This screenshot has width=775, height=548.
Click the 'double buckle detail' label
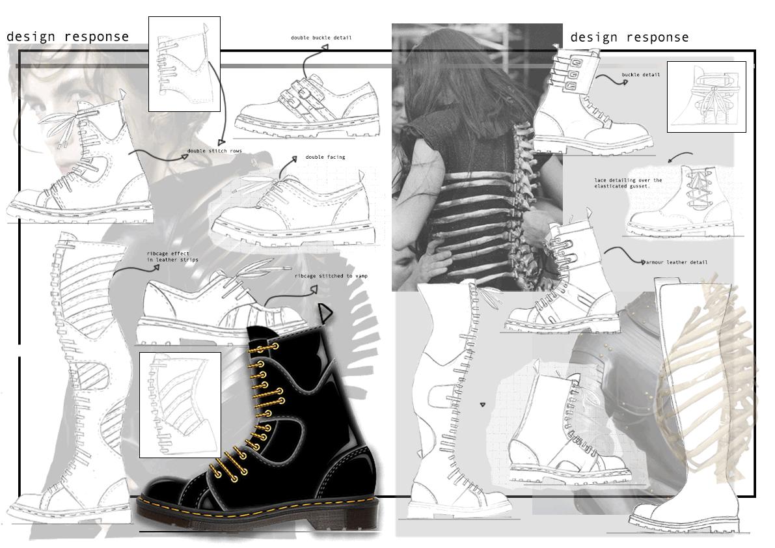click(321, 38)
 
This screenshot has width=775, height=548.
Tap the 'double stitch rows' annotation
click(215, 151)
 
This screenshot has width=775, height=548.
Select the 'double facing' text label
click(325, 157)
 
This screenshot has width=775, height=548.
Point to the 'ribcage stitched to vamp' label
click(331, 276)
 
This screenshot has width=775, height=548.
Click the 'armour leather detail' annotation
click(677, 262)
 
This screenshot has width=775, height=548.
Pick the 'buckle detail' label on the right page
click(640, 75)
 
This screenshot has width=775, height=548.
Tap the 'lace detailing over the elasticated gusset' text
click(628, 183)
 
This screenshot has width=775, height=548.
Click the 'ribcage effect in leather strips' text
click(172, 256)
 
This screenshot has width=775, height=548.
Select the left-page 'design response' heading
click(68, 37)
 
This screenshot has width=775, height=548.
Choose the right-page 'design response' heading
click(629, 38)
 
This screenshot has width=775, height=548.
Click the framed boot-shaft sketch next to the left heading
click(184, 64)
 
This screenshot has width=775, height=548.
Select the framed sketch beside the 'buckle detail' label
click(706, 96)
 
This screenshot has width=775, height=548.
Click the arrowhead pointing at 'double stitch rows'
click(221, 141)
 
